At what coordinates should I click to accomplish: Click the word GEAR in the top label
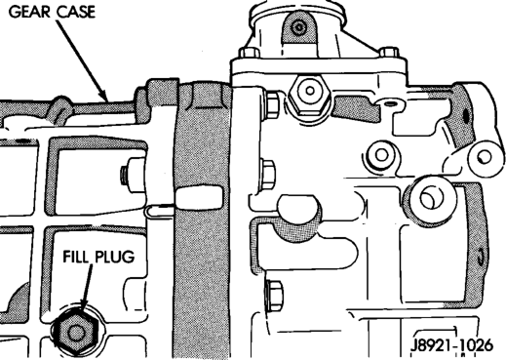click(x=30, y=12)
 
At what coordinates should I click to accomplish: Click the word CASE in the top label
click(x=76, y=12)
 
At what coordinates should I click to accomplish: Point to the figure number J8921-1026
click(x=451, y=345)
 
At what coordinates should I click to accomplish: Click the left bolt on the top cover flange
click(x=250, y=53)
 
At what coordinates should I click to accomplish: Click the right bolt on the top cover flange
click(x=389, y=53)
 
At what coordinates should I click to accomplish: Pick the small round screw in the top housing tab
click(x=298, y=27)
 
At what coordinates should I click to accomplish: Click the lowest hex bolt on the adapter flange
click(x=274, y=296)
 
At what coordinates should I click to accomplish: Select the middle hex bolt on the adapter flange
click(x=269, y=175)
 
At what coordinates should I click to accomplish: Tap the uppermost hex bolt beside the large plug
click(x=272, y=104)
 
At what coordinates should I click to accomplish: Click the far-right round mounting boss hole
click(x=485, y=158)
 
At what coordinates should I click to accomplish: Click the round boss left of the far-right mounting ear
click(x=382, y=155)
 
